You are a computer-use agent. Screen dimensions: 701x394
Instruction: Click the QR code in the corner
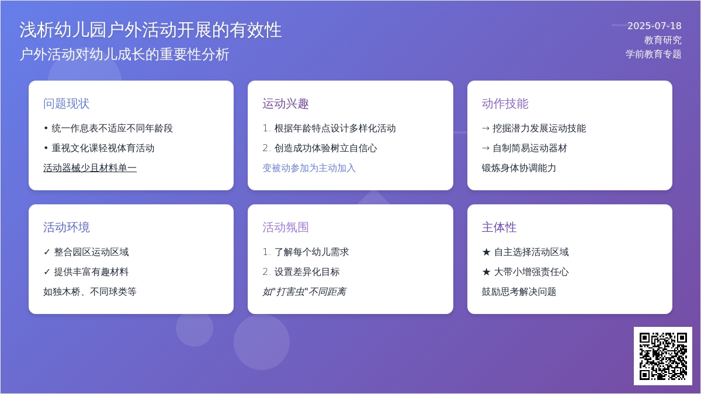click(663, 356)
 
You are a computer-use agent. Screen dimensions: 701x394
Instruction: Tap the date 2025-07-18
click(654, 26)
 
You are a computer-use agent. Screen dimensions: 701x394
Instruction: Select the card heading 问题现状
click(67, 103)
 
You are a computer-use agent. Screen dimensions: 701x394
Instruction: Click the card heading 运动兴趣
click(286, 103)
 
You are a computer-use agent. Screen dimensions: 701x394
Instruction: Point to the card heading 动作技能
click(505, 103)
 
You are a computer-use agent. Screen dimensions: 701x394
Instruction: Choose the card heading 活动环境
click(67, 227)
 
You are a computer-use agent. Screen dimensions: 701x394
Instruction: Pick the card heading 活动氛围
click(286, 227)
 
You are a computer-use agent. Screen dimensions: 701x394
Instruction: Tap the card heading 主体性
click(499, 227)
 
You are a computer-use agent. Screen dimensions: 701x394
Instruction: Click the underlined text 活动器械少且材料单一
click(90, 168)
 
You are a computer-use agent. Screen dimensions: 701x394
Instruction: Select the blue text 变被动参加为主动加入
click(309, 168)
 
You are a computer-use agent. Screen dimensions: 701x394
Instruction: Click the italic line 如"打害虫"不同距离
click(304, 292)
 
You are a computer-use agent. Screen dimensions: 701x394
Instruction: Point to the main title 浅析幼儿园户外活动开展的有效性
click(151, 30)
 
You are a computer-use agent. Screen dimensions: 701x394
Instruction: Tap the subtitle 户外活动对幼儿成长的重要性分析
click(124, 54)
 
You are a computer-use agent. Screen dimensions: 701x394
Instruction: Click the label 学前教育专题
click(654, 54)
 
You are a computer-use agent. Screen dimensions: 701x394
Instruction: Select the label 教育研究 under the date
click(663, 40)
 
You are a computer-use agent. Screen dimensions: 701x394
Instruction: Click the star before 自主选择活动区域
click(486, 252)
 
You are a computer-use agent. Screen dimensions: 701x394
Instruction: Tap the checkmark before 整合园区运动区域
click(47, 252)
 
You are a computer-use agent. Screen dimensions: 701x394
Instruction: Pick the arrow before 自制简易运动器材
click(485, 148)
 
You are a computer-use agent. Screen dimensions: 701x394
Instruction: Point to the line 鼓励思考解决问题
click(519, 292)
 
